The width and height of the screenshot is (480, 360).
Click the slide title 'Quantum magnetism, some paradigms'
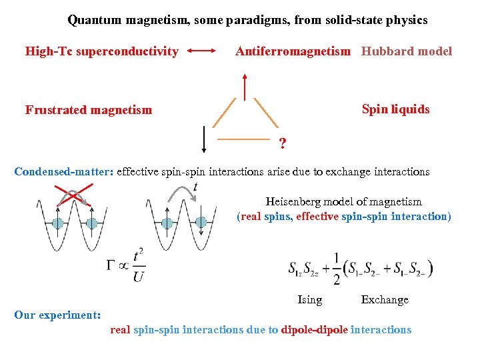click(x=247, y=20)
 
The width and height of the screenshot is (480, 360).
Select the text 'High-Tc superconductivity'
click(x=102, y=51)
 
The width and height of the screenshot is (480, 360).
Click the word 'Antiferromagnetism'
click(x=293, y=51)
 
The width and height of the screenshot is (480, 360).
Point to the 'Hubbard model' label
click(x=407, y=51)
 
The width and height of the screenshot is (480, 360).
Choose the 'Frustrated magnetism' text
click(x=89, y=110)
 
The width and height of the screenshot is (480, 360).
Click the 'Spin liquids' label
click(x=395, y=109)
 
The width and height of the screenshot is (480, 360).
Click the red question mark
click(x=283, y=143)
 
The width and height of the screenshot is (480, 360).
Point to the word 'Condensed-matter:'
click(x=63, y=171)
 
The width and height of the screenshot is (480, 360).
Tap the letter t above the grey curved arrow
click(x=195, y=186)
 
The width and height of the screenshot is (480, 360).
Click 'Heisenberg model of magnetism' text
click(x=343, y=201)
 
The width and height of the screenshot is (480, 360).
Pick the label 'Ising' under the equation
click(x=309, y=300)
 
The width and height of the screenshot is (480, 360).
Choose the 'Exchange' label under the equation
click(x=385, y=300)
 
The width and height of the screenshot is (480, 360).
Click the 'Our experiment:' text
click(x=57, y=314)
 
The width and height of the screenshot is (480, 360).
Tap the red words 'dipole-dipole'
click(x=315, y=329)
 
